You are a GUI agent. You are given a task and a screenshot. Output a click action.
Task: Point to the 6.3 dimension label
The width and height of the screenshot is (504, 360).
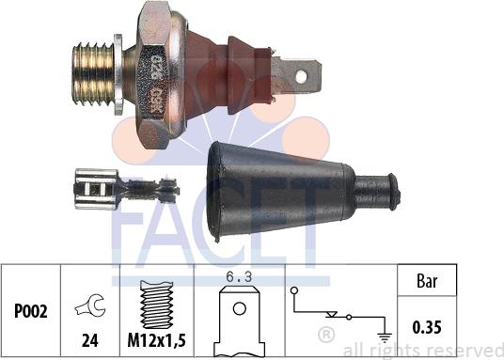[x=239, y=275]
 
